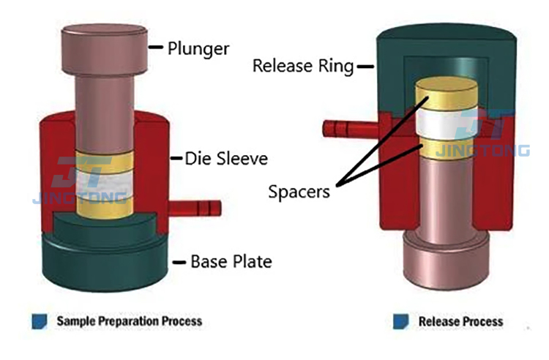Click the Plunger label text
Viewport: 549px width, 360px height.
coord(198,49)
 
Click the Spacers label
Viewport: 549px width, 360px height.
coord(298,192)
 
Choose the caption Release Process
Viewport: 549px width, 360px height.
coord(460,321)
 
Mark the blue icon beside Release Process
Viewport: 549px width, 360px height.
coord(400,321)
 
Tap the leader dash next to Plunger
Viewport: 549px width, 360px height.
coord(155,49)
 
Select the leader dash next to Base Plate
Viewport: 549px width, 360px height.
coord(177,261)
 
